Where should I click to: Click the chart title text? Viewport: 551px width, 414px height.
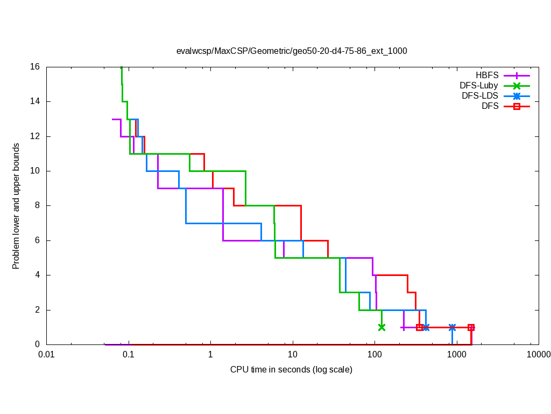(x=292, y=51)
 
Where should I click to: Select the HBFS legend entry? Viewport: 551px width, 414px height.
(x=486, y=75)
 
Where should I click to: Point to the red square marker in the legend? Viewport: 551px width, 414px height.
(x=517, y=106)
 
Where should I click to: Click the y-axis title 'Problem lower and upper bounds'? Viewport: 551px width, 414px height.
(x=16, y=206)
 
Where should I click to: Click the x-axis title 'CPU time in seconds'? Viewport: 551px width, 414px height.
(x=291, y=369)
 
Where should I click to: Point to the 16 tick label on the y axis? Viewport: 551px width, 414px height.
(x=35, y=67)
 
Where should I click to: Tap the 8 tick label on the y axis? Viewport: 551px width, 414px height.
(x=37, y=206)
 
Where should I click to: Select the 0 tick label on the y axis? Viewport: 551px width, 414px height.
(x=37, y=344)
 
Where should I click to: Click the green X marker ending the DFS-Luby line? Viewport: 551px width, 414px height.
(x=382, y=327)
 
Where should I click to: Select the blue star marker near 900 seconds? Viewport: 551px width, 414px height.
(x=452, y=327)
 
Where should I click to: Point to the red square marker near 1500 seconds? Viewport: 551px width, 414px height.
(x=471, y=327)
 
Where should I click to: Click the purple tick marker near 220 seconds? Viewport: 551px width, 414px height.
(x=403, y=327)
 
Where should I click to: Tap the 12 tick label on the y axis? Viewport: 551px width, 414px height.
(x=35, y=136)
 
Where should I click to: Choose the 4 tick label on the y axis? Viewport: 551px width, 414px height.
(x=37, y=275)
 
